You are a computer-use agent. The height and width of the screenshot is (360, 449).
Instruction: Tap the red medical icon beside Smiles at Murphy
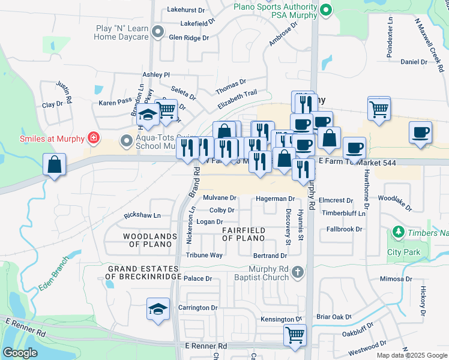(x=93, y=139)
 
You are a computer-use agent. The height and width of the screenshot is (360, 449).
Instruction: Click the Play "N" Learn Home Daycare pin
(x=158, y=31)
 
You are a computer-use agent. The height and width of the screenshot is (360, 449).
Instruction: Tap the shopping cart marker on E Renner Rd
(x=295, y=335)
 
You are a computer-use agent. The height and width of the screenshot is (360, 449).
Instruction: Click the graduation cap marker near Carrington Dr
(x=158, y=310)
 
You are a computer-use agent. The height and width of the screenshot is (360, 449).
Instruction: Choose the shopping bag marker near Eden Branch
(x=54, y=164)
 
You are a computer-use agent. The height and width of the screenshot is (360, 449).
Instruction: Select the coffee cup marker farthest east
(x=420, y=132)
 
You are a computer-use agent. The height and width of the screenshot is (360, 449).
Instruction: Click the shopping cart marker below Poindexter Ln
(x=379, y=109)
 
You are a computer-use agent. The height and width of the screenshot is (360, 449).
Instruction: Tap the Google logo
(x=20, y=353)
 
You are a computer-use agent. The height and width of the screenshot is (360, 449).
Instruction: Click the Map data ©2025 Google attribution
(x=412, y=355)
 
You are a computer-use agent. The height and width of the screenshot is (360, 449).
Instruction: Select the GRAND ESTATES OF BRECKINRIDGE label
(x=143, y=272)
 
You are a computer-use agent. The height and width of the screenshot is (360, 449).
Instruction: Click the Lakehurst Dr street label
(x=186, y=10)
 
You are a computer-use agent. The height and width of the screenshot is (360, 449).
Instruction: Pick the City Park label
(x=403, y=253)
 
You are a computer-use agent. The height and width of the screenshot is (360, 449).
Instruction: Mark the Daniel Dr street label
(x=413, y=61)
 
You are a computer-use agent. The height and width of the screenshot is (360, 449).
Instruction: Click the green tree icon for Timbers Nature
(x=397, y=232)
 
